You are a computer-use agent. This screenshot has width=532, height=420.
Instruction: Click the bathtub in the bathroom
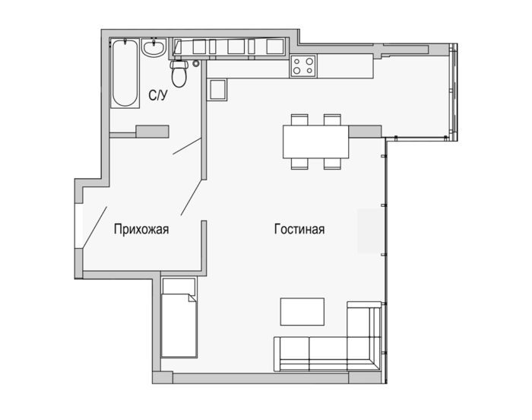coord(125,73)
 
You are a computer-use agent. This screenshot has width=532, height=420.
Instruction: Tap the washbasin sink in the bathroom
coord(154,48)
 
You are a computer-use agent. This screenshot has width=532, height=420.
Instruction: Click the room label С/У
coord(158,95)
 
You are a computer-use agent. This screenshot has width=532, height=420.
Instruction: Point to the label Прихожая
coord(141,229)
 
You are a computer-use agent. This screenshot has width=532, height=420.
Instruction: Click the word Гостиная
coord(299,229)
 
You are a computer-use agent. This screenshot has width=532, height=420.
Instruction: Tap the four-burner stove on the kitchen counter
coord(303,66)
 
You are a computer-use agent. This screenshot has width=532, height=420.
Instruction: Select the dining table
coord(316,142)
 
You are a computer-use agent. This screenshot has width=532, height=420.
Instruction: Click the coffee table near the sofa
coord(302,312)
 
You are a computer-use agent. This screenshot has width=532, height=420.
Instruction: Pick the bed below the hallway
coord(179,317)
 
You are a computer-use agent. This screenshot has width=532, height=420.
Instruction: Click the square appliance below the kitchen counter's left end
coord(217,90)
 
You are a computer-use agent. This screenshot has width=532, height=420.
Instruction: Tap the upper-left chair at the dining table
coord(299,119)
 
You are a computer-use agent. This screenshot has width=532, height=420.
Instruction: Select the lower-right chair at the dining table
coord(332,164)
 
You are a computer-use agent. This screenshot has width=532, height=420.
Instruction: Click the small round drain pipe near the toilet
coord(196,63)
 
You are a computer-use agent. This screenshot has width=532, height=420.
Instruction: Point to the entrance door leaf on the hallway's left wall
coord(95,226)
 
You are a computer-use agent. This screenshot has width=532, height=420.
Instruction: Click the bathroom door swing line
coord(187,146)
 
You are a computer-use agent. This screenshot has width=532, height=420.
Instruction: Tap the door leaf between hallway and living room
coord(192,197)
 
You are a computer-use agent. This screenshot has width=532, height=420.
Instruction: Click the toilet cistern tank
coord(179,64)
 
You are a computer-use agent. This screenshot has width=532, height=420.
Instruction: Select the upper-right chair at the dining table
coord(332,119)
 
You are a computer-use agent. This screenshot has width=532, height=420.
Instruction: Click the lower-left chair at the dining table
coord(299,164)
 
